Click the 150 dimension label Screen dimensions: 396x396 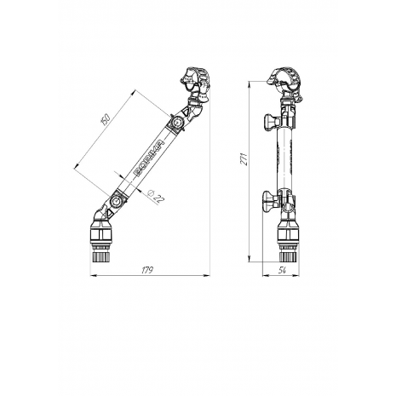point(105,119)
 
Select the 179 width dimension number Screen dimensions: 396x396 point(147,270)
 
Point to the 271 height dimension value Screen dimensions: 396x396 point(244,159)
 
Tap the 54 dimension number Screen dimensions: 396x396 point(282,271)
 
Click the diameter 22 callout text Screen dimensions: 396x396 point(156,196)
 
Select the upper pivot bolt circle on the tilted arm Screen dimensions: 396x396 point(178,123)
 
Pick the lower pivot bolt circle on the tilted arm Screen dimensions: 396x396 point(115,201)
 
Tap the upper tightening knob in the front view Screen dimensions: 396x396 point(271,122)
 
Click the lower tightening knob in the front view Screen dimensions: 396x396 point(270,200)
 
